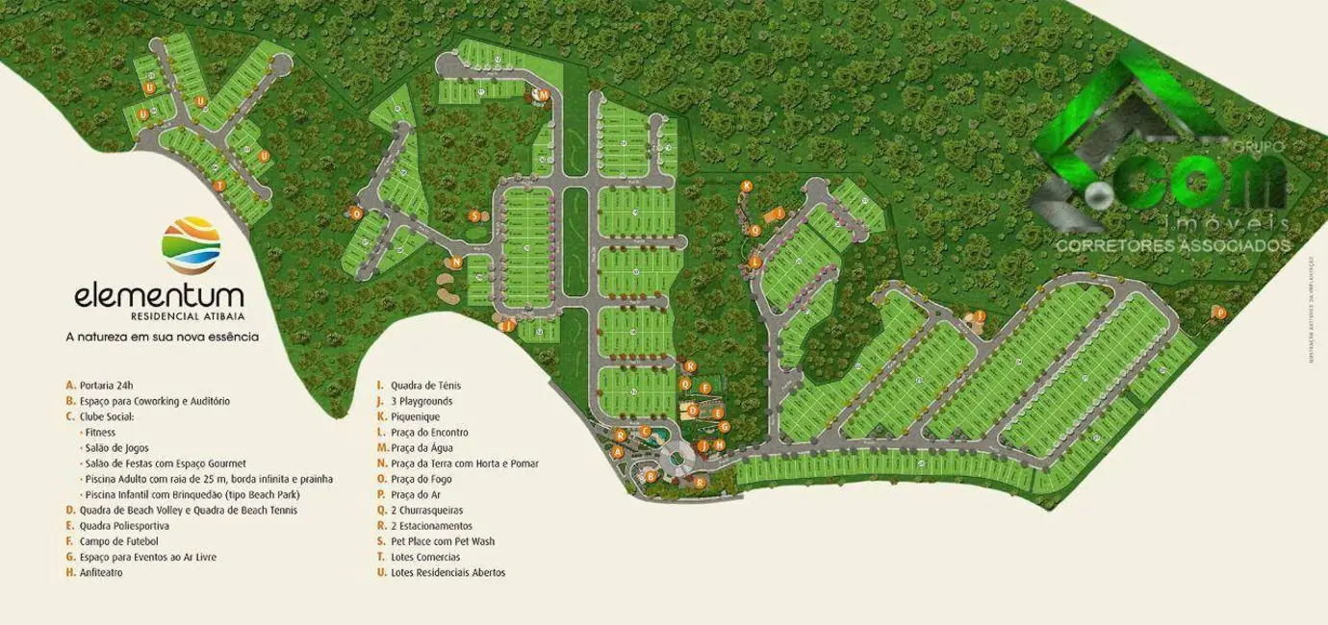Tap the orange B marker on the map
(651, 474)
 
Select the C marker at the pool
(646, 432)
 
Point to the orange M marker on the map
(543, 95)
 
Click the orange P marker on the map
(1219, 312)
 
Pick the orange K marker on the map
(746, 186)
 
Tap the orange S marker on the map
(474, 215)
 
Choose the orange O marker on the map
(356, 212)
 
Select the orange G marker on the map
(725, 426)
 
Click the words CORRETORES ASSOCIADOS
(1173, 246)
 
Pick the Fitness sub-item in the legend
(100, 433)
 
